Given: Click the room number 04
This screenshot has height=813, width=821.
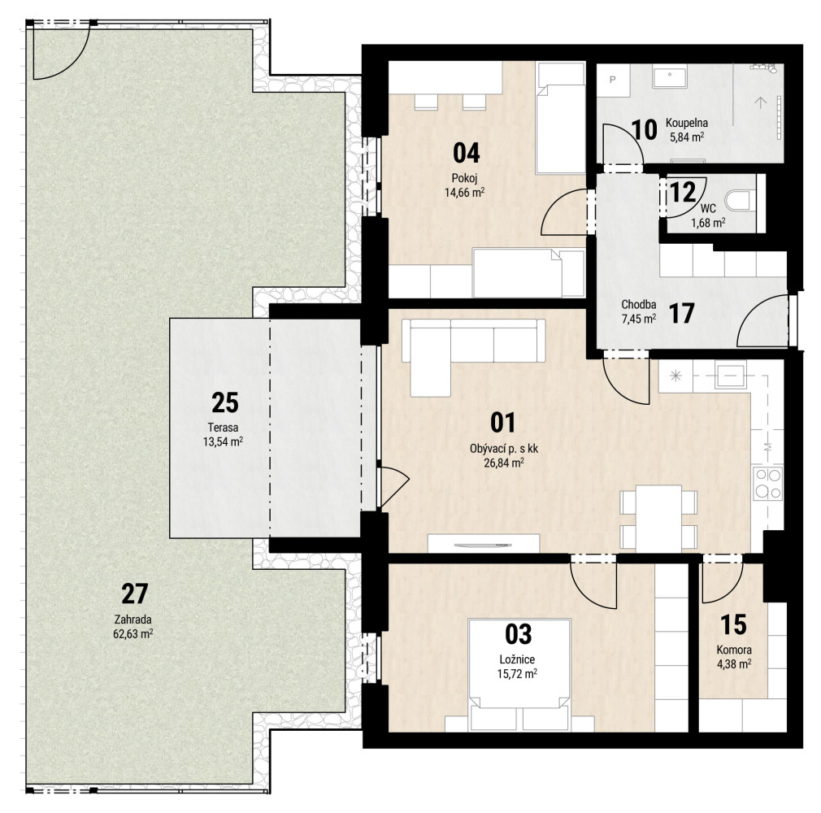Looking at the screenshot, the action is coord(466,153).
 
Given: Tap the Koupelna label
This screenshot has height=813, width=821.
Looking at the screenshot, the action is coord(686,123).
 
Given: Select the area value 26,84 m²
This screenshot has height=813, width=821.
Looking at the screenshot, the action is coord(504,463).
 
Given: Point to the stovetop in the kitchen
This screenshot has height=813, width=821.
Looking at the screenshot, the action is coord(767,483).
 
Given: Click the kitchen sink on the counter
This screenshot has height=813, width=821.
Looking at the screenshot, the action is coord(731,376).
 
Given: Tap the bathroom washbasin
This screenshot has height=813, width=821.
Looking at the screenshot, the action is coord(670,76).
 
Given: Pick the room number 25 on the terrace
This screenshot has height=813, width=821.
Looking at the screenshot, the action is coord(225,402).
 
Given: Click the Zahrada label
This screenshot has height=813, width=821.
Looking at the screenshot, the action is coord(132,620).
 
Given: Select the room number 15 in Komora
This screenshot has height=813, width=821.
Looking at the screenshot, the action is coord(733,624).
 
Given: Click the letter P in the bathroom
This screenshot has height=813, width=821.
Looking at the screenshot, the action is coord(613,80).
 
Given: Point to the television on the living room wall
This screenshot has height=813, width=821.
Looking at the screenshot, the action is coord(483,546).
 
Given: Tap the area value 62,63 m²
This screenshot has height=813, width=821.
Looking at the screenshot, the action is coord(133,634).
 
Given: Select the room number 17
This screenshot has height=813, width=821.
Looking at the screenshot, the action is coord(681,313).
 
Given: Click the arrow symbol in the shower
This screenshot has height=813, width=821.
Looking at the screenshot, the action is coord(760,102).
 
